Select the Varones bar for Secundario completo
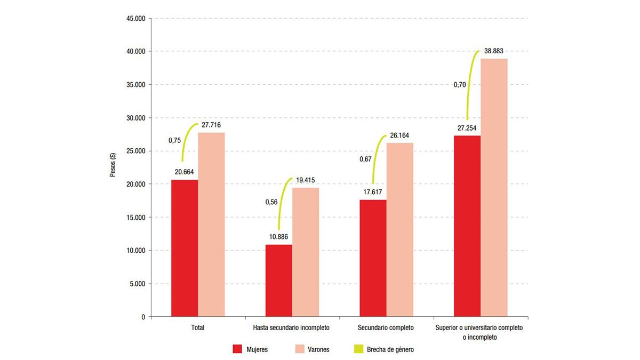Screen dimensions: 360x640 (400, 229)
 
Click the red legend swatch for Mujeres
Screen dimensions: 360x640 (238, 349)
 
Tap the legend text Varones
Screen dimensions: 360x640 (317, 349)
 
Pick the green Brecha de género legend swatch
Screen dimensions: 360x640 (359, 349)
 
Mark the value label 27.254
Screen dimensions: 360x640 (466, 128)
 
